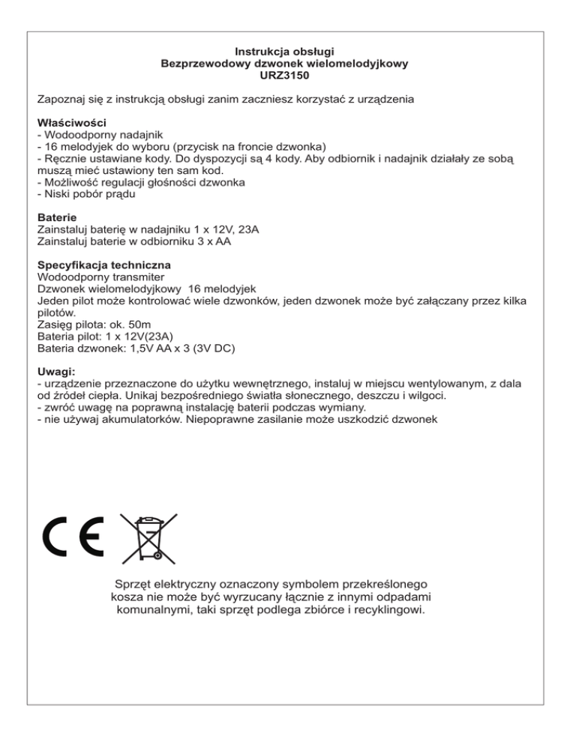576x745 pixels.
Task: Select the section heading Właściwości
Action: pyautogui.click(x=71, y=122)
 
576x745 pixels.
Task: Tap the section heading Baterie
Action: pyautogui.click(x=58, y=218)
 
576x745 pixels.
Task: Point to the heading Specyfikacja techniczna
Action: pyautogui.click(x=103, y=265)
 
